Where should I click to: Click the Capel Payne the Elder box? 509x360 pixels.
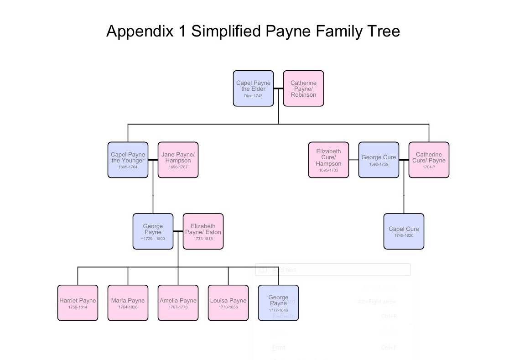coord(253,89)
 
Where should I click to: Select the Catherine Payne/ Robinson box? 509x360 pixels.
coord(303,89)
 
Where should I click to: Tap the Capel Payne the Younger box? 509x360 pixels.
coord(128,160)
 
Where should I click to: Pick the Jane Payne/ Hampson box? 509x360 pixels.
coord(178,160)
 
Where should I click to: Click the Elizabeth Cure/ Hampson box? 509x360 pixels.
coord(328,160)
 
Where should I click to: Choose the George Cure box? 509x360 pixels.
coord(379,160)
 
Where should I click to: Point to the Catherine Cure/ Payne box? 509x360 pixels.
coord(429,160)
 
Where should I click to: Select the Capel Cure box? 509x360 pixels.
coord(404,231)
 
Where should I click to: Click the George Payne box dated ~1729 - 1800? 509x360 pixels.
coord(153,231)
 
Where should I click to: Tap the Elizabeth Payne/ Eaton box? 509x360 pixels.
coord(203,231)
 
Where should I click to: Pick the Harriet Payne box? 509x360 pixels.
coord(78,303)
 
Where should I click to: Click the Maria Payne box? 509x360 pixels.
coord(128,303)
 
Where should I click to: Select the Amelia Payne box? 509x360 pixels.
coord(178,303)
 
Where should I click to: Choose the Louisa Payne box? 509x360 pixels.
coord(228,303)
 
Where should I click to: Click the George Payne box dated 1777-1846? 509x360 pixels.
coord(278,303)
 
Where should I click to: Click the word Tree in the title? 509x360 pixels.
coord(384,31)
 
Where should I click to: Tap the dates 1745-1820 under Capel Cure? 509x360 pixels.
coord(404,235)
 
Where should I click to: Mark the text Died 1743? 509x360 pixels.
coord(253,96)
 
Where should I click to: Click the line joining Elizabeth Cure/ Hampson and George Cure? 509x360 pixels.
coord(353,160)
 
